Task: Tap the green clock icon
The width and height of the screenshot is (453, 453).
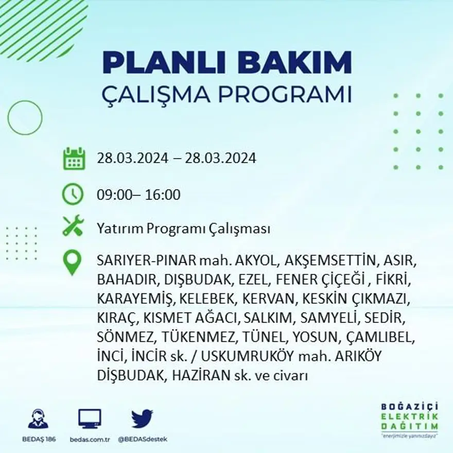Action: click(x=73, y=195)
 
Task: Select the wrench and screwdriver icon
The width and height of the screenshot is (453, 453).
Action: click(x=73, y=226)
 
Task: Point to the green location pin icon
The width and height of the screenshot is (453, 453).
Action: click(x=72, y=262)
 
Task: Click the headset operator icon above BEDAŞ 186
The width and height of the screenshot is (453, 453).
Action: click(x=39, y=420)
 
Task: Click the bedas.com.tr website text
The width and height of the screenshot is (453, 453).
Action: click(x=90, y=439)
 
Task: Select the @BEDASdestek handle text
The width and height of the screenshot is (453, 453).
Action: click(x=142, y=439)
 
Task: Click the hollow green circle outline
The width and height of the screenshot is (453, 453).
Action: click(x=25, y=118)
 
